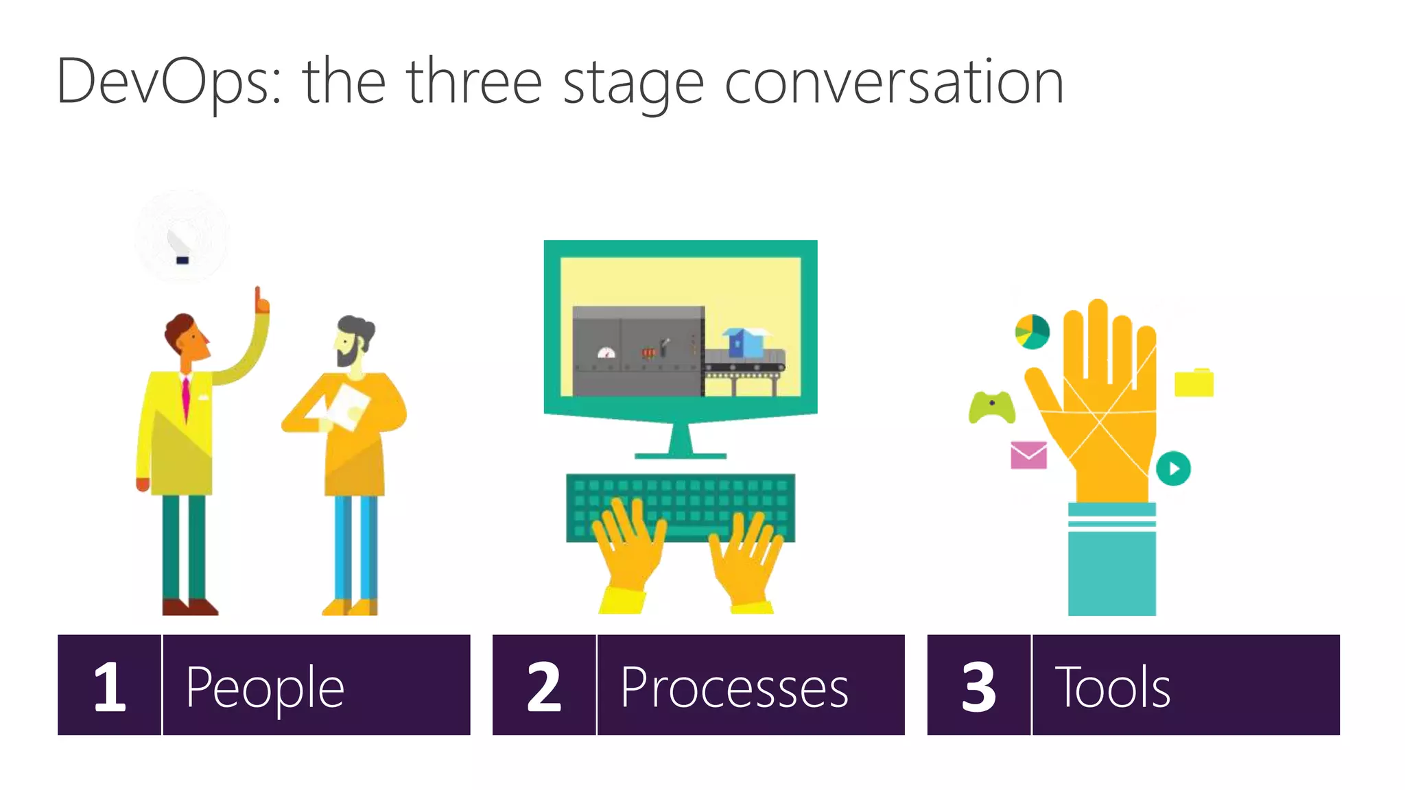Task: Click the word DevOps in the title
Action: pos(168,82)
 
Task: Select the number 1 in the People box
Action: pos(110,686)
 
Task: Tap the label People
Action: pos(265,687)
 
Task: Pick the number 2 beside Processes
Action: pos(544,686)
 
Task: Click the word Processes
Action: pos(734,687)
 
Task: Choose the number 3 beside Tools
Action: pos(979,686)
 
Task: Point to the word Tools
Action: pos(1112,687)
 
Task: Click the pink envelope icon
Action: pos(1028,455)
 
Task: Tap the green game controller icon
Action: pos(991,407)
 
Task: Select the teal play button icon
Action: pos(1173,468)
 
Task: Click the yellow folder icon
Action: pos(1194,383)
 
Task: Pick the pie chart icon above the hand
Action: pos(1032,332)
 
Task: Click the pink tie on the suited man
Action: pos(185,398)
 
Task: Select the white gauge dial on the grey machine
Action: pos(606,353)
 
